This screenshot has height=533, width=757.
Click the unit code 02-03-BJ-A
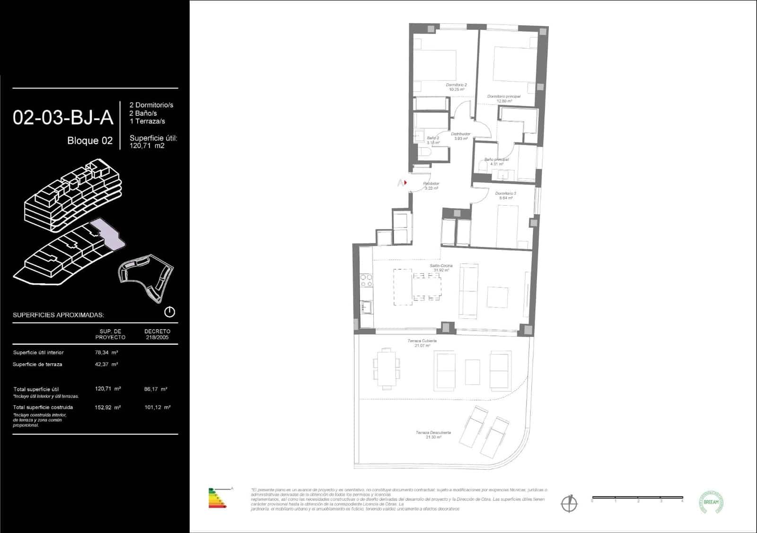pyautogui.click(x=63, y=118)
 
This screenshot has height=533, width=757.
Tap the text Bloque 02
pyautogui.click(x=90, y=141)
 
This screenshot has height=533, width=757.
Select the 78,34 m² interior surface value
pyautogui.click(x=106, y=352)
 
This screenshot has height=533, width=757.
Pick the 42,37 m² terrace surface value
pyautogui.click(x=106, y=364)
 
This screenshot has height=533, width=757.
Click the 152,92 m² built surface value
pyautogui.click(x=108, y=407)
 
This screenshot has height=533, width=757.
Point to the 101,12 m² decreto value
pyautogui.click(x=157, y=407)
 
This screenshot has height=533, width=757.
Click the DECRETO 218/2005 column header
pyautogui.click(x=157, y=334)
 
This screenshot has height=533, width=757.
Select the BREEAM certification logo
pyautogui.click(x=711, y=502)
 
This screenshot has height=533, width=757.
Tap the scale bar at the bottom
pyautogui.click(x=637, y=498)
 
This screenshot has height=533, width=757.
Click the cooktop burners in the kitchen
pyautogui.click(x=366, y=280)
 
